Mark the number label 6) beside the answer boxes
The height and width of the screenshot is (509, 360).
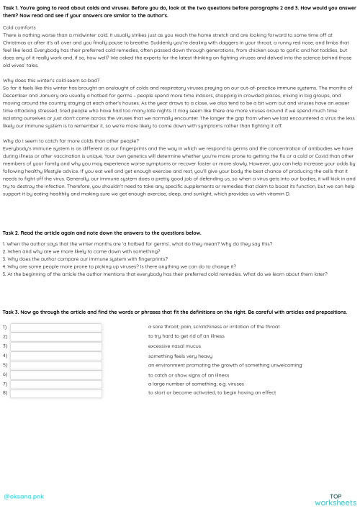click(x=5, y=375)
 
